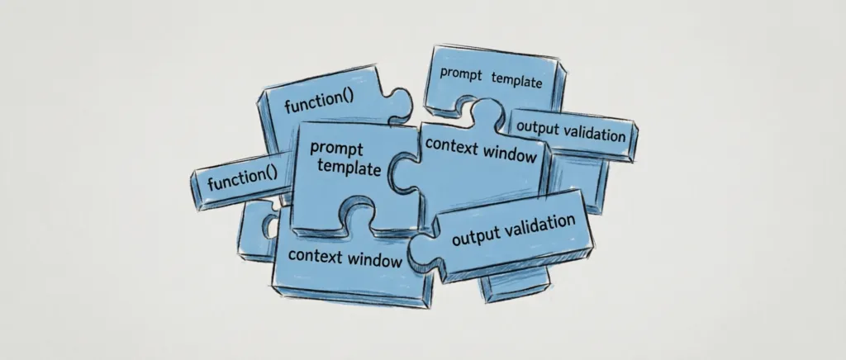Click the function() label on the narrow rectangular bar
coord(243,178)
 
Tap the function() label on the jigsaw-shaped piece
coord(319,102)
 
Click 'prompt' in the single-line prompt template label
coord(461,73)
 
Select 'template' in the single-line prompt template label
coord(517,80)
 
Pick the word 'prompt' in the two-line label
coord(336,149)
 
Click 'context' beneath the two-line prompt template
coord(315,254)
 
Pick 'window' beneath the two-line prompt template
coord(374,260)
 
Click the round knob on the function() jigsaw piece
coord(401,102)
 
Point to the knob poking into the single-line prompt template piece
coord(487,111)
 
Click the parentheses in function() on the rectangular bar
coord(271,174)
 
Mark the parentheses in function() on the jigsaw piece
coord(347,100)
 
